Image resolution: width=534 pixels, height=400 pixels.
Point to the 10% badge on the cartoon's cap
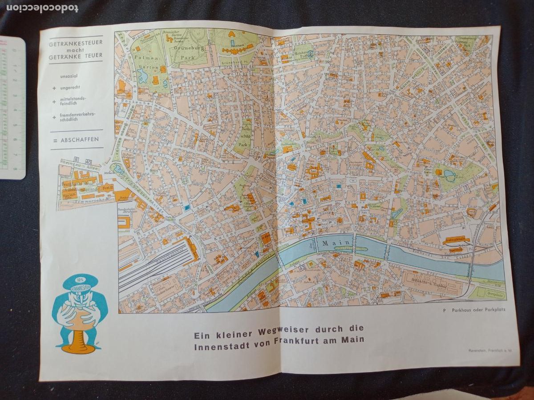click(80, 280)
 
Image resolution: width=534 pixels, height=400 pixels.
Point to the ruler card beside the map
click(12, 107)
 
